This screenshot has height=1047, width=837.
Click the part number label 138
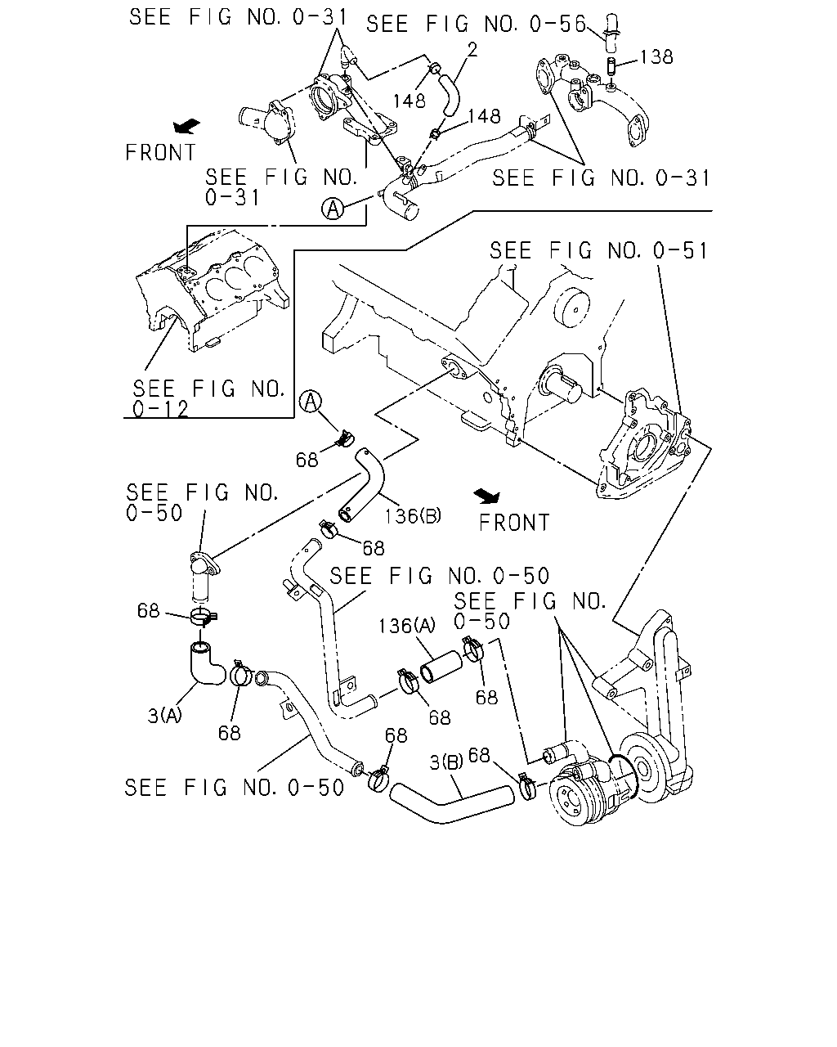pos(656,57)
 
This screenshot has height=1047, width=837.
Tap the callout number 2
pos(472,50)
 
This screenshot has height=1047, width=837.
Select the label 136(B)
pos(413,515)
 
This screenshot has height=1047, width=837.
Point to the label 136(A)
pos(407,626)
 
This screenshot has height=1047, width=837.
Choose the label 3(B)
pos(446,762)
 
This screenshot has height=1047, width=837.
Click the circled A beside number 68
pos(311,402)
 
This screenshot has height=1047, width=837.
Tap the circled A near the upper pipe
pos(333,209)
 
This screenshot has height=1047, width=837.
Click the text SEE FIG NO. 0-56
pos(477,24)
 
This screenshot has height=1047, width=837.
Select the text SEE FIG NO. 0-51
pos(598,250)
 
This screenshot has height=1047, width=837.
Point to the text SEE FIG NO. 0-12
pos(208,399)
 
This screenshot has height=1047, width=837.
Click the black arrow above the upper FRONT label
pos(186,126)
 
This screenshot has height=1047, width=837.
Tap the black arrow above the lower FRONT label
pos(487,496)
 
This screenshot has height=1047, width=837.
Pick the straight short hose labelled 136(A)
pos(441,667)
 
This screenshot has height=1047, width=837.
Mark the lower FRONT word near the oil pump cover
pos(514,523)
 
